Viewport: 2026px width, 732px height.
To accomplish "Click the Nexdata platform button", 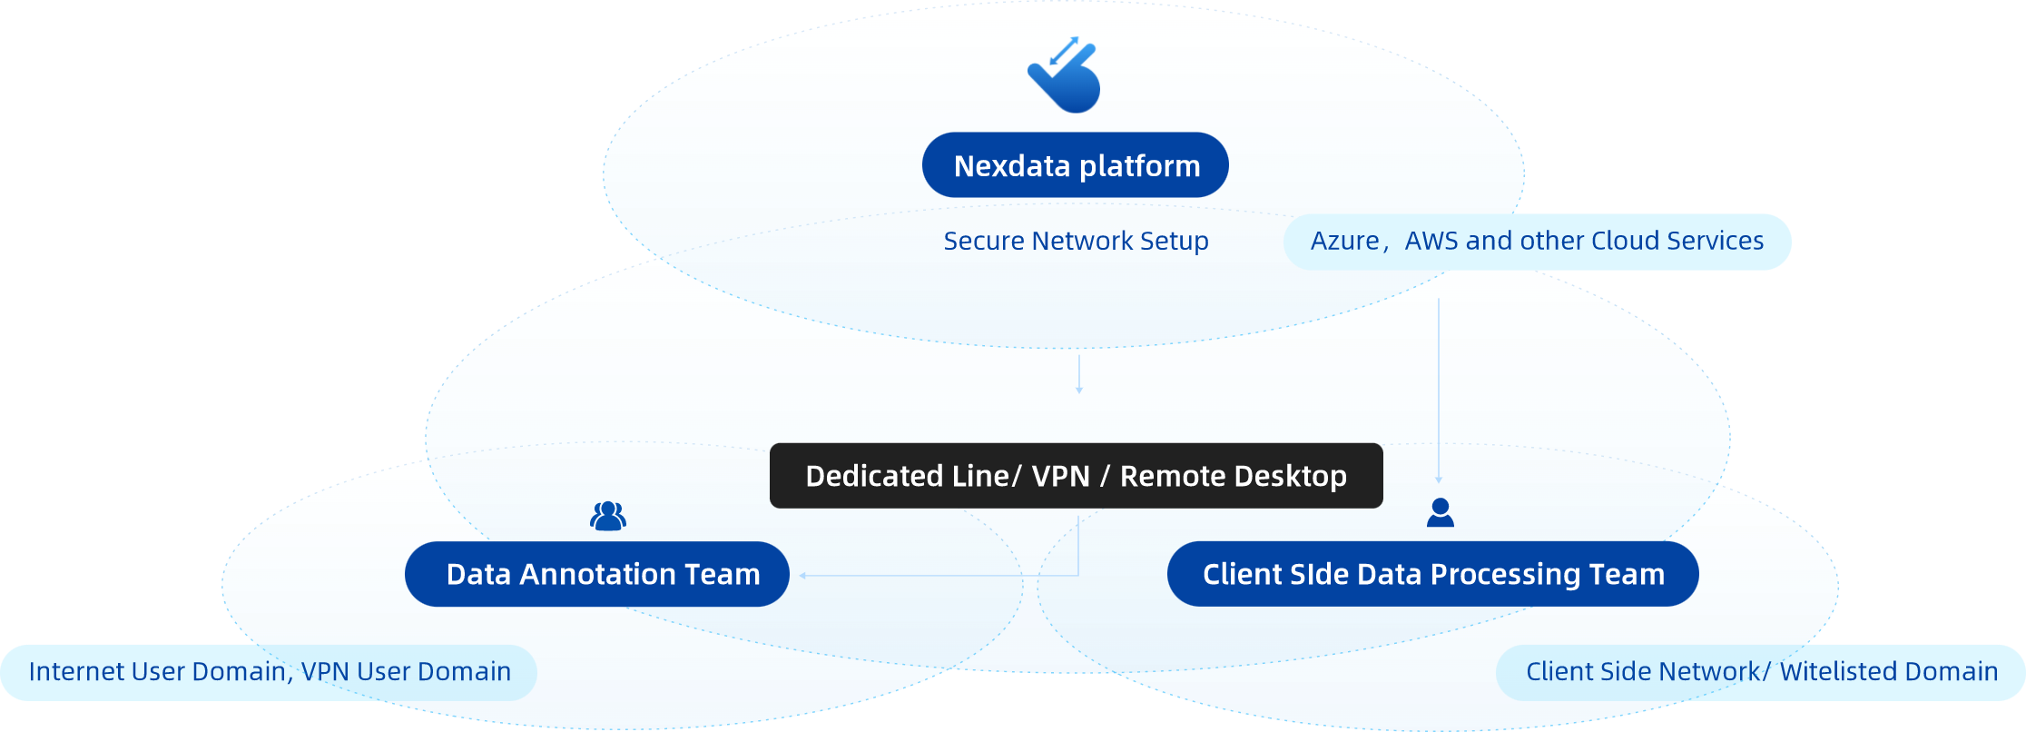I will [1076, 165].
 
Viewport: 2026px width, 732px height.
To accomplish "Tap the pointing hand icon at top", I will [1066, 76].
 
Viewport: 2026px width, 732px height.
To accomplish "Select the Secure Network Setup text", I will [1076, 241].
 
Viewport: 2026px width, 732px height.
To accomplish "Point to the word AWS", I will [1431, 241].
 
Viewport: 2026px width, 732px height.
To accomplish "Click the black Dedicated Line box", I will [1076, 476].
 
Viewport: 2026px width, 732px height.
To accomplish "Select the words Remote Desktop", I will [1233, 476].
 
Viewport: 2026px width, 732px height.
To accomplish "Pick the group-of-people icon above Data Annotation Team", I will [608, 516].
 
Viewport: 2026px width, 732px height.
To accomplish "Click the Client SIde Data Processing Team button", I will [1432, 574].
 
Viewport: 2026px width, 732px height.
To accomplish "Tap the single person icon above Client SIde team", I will [1440, 513].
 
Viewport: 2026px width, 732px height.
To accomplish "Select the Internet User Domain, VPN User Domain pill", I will [269, 672].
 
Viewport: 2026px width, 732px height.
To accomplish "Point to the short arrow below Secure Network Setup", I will [1079, 373].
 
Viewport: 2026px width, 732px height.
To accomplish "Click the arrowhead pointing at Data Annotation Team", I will [803, 576].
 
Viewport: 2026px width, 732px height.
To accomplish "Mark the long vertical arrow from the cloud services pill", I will [1439, 391].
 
